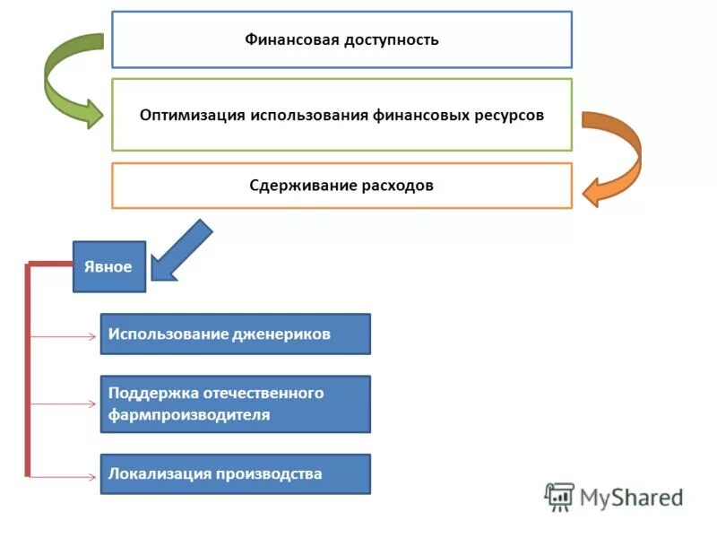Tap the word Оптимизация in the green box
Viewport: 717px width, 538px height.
(193, 116)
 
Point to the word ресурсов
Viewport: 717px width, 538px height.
(510, 116)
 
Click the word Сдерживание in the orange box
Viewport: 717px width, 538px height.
(298, 186)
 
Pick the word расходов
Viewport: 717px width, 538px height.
(395, 186)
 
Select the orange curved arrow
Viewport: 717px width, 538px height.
(617, 157)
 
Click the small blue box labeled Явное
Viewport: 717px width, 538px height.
(108, 267)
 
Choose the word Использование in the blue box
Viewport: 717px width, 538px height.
(167, 334)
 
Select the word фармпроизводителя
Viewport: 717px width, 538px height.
(189, 415)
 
